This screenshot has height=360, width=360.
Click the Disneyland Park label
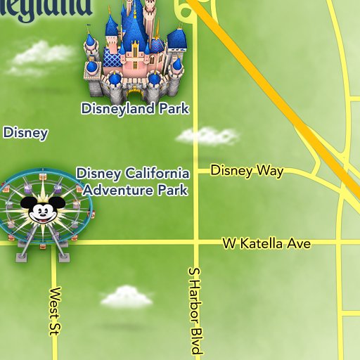click(x=135, y=109)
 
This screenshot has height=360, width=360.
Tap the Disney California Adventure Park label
click(x=134, y=181)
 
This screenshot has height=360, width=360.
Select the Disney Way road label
click(x=247, y=171)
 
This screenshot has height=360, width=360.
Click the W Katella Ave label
click(x=266, y=244)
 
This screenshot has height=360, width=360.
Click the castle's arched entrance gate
click(x=134, y=94)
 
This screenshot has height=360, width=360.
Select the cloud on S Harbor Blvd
click(x=207, y=136)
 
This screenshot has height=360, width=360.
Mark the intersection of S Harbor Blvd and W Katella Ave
click(x=196, y=243)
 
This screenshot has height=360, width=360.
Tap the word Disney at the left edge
click(x=25, y=132)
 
